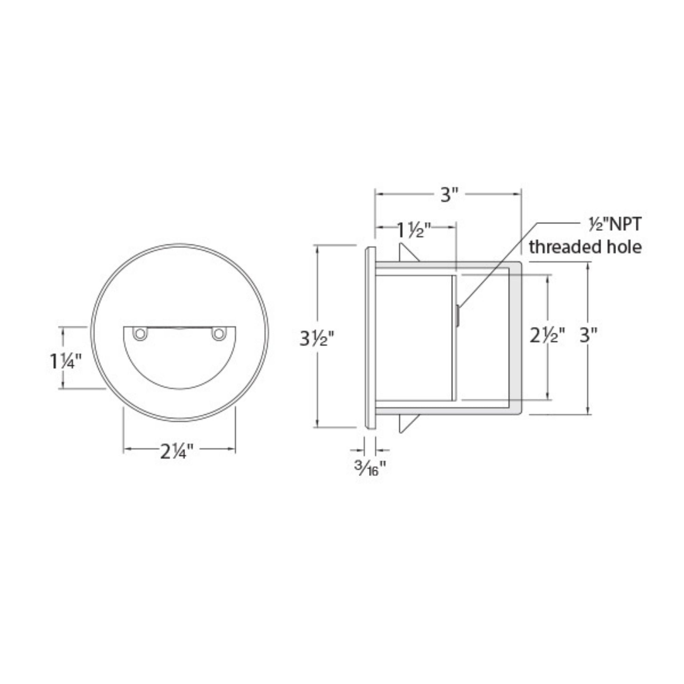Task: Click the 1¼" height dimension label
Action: tap(66, 361)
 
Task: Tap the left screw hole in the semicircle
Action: tap(140, 334)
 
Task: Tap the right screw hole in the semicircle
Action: tap(219, 334)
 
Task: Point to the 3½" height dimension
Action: tap(316, 339)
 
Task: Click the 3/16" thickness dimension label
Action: tap(369, 469)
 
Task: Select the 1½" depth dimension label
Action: tap(414, 231)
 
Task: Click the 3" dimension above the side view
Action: tap(449, 195)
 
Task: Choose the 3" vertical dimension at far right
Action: tap(588, 335)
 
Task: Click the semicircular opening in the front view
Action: tap(180, 358)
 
